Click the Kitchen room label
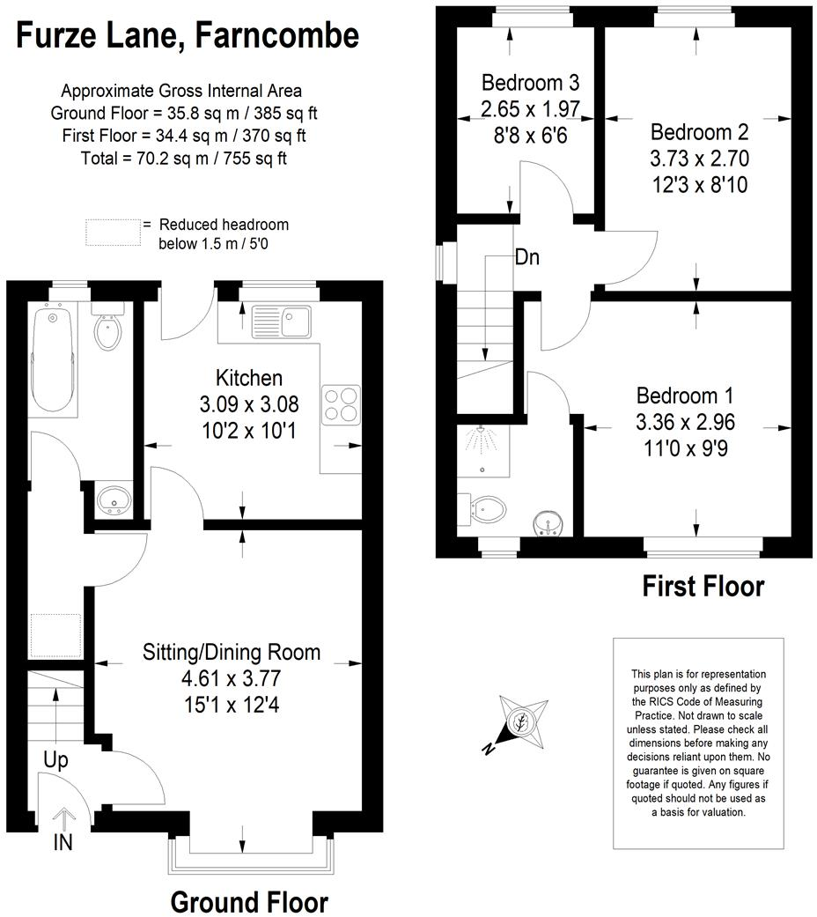click(x=249, y=378)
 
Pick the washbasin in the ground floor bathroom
click(x=114, y=499)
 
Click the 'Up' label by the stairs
click(x=55, y=759)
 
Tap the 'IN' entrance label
click(x=63, y=842)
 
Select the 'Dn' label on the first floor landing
click(x=527, y=258)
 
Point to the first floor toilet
click(x=486, y=510)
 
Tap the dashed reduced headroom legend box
click(x=113, y=233)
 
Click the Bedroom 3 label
click(x=530, y=84)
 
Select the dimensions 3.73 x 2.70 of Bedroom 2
click(x=699, y=159)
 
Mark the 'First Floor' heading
click(x=703, y=586)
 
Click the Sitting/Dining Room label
click(x=232, y=653)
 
